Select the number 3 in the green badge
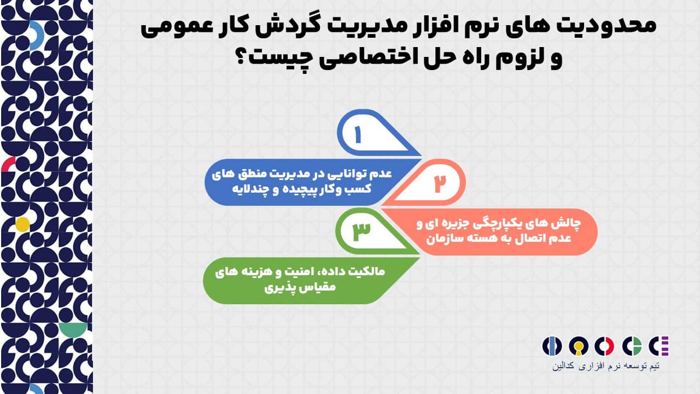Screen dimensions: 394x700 (361, 231)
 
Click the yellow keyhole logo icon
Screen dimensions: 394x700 (579, 346)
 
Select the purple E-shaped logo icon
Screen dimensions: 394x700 (660, 346)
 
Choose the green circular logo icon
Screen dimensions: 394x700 (632, 346)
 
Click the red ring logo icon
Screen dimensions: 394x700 (605, 346)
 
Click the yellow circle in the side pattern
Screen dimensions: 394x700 (22, 224)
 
